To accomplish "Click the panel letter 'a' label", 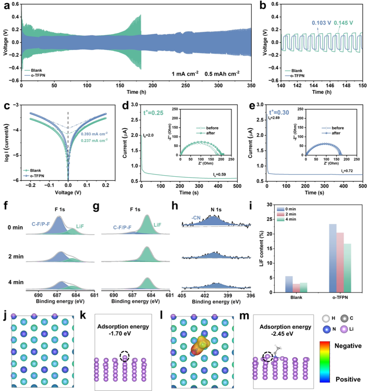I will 5,5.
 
